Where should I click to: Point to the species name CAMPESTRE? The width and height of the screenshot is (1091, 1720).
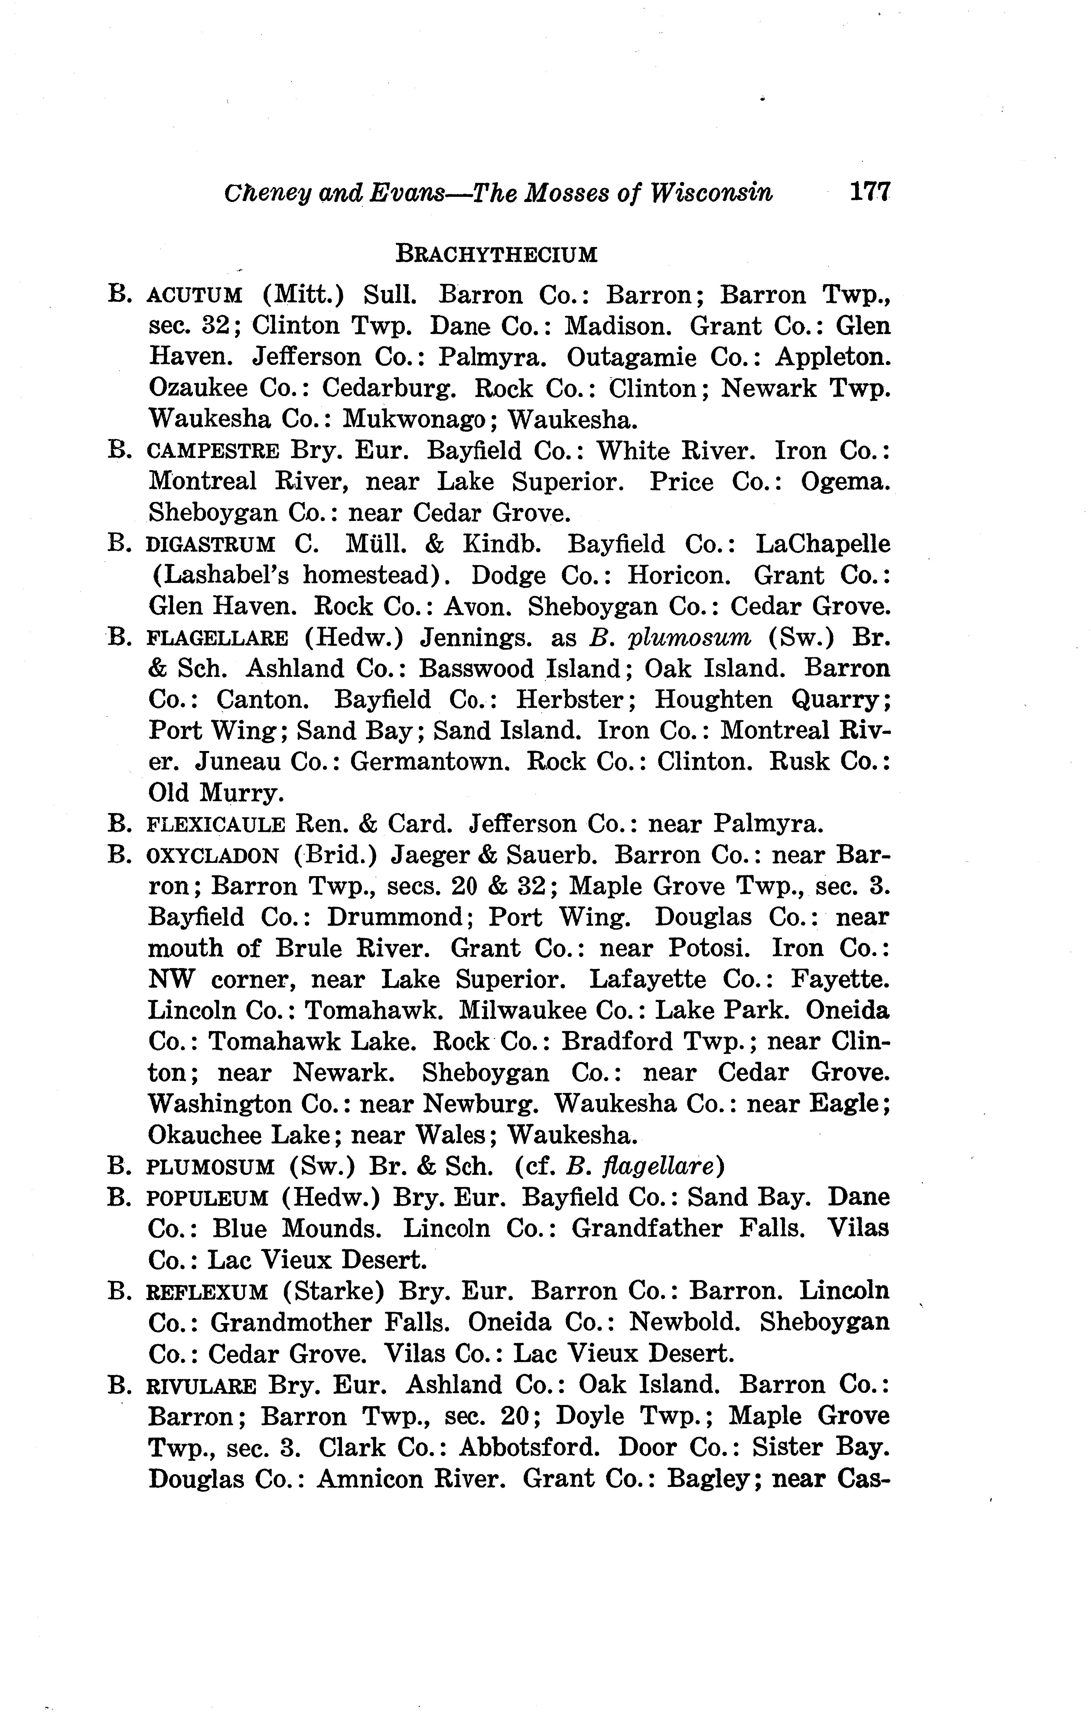pos(213,451)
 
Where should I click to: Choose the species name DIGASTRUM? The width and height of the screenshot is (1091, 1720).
pos(210,545)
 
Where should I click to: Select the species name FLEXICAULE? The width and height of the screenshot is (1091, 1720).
pos(216,825)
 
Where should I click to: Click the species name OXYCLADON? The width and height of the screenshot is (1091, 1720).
pos(212,856)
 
